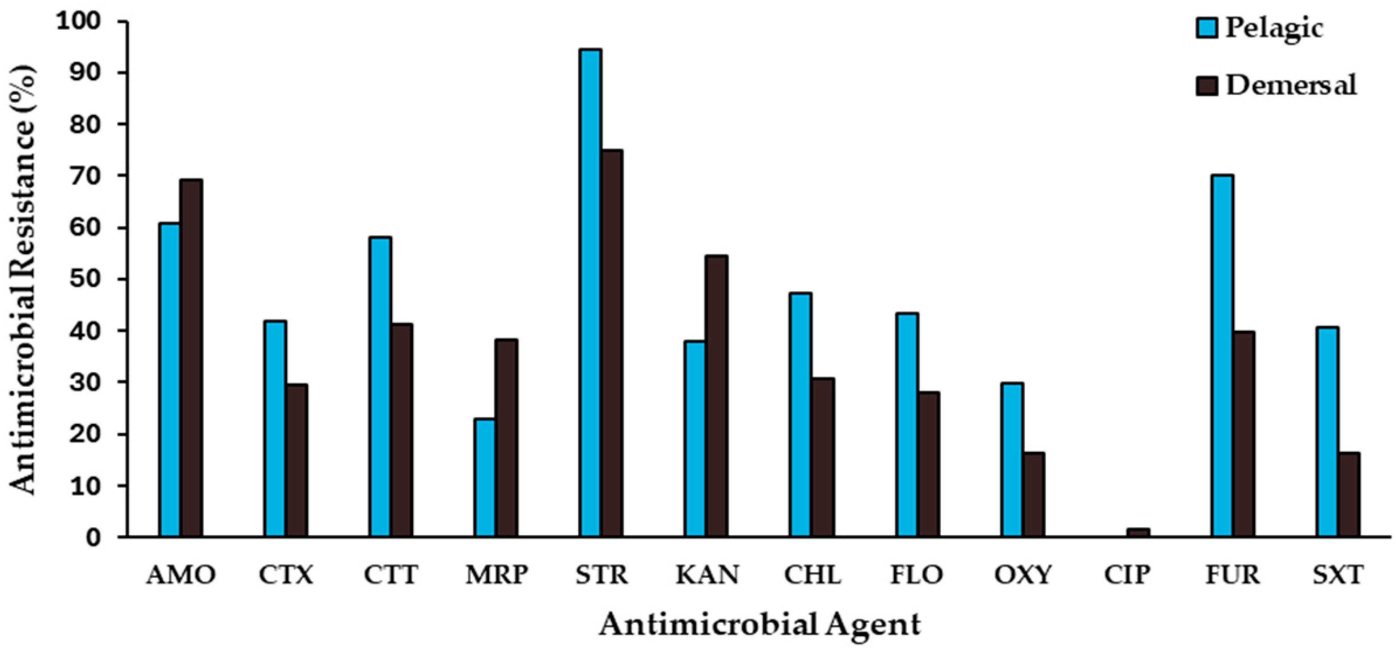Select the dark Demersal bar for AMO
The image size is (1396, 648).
pos(191,358)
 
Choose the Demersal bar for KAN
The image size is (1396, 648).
pos(716,396)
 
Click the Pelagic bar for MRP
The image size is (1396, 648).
pos(485,477)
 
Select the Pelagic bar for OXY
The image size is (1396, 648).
pos(1012,460)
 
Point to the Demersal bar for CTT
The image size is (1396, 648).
pos(401,430)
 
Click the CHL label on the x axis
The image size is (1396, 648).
pos(812,575)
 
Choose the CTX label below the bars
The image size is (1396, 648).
pos(285,575)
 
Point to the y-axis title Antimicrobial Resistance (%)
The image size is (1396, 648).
pos(23,280)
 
